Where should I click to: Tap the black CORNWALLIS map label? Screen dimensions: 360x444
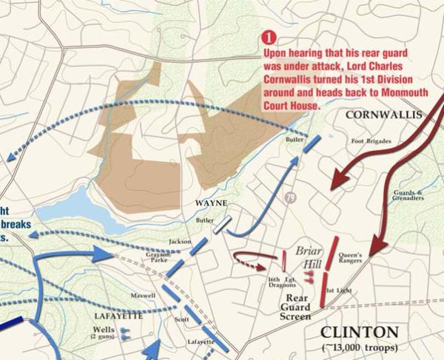coord(382,115)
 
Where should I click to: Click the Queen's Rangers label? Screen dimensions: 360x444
coord(349,257)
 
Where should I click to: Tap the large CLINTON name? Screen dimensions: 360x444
coord(358,331)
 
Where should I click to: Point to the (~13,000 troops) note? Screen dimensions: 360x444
coord(358,347)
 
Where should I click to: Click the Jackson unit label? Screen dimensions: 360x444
coord(180,241)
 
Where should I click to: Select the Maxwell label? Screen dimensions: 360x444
coord(143,296)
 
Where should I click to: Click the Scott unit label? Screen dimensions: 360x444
coord(181,319)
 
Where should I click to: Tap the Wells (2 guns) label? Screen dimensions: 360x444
coord(103,333)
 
